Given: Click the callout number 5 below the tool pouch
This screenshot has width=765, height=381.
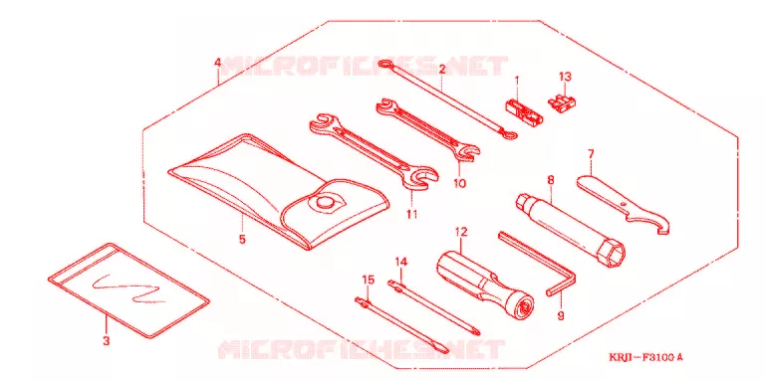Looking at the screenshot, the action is pyautogui.click(x=242, y=239).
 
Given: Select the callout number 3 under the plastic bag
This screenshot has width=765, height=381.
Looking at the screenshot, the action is pyautogui.click(x=107, y=340).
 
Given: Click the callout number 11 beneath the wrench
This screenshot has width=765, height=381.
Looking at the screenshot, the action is pyautogui.click(x=412, y=214).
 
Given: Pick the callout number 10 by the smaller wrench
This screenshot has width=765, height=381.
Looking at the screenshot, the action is pyautogui.click(x=459, y=184).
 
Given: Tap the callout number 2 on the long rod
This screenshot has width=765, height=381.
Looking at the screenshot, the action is pyautogui.click(x=442, y=70).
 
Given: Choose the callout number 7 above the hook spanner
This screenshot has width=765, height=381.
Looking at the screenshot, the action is pyautogui.click(x=591, y=154).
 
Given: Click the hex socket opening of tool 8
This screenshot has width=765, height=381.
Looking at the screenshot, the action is pyautogui.click(x=615, y=254).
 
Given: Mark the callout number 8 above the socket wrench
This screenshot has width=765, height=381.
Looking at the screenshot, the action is pyautogui.click(x=551, y=180).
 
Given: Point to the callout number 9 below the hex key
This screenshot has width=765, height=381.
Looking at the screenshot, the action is pyautogui.click(x=561, y=315).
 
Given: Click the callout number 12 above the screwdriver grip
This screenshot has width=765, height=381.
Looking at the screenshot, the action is pyautogui.click(x=461, y=232).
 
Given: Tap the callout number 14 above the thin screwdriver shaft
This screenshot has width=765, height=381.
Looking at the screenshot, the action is pyautogui.click(x=400, y=262).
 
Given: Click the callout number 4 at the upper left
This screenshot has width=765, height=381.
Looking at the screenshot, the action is pyautogui.click(x=217, y=63).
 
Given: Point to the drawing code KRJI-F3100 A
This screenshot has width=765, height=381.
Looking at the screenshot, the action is pyautogui.click(x=645, y=357).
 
